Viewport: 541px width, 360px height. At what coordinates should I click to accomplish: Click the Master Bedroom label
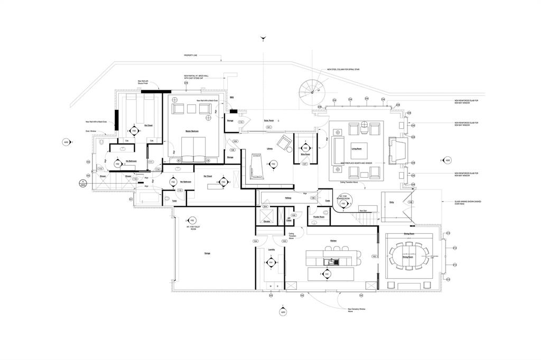(x=191, y=131)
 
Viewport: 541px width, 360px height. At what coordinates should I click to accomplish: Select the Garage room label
(x=207, y=253)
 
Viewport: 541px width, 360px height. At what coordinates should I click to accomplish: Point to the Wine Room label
(x=305, y=154)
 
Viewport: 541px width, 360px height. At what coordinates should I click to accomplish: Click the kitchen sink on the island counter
(x=332, y=261)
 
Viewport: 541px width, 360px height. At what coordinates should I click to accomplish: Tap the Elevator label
(x=267, y=222)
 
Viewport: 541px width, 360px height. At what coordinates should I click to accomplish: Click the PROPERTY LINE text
(x=191, y=55)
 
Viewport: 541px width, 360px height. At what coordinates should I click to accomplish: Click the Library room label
(x=269, y=148)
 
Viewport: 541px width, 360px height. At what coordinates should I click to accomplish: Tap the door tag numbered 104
(x=256, y=241)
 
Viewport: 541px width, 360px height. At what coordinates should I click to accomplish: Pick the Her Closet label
(x=208, y=176)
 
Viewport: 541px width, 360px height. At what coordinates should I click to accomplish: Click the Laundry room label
(x=272, y=250)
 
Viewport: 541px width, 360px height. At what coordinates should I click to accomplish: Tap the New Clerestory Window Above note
(x=357, y=310)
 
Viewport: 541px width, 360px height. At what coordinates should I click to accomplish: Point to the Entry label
(x=391, y=202)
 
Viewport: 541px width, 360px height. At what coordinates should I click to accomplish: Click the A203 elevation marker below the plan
(x=283, y=312)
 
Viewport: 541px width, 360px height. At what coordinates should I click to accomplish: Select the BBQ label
(x=232, y=98)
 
